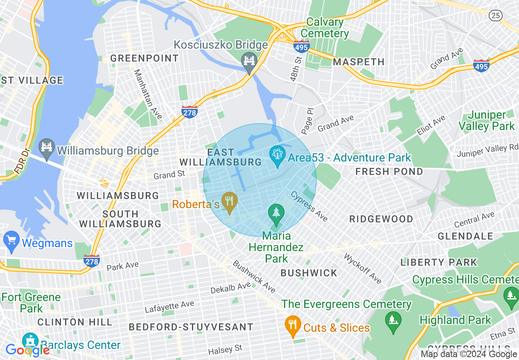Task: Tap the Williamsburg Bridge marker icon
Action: pos(47,148)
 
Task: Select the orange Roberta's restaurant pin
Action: pos(230,202)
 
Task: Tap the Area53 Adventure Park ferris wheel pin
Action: pos(278,155)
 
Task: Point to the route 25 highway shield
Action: pos(495,16)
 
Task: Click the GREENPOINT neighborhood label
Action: pos(144,59)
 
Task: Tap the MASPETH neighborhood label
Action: pos(359,62)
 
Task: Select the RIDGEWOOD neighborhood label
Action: pos(381,219)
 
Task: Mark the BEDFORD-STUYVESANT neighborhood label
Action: pos(191,327)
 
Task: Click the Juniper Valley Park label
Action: pos(487,121)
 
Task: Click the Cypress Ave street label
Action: pos(309,207)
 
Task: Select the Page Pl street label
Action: pos(307,121)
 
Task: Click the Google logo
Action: pos(27,350)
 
